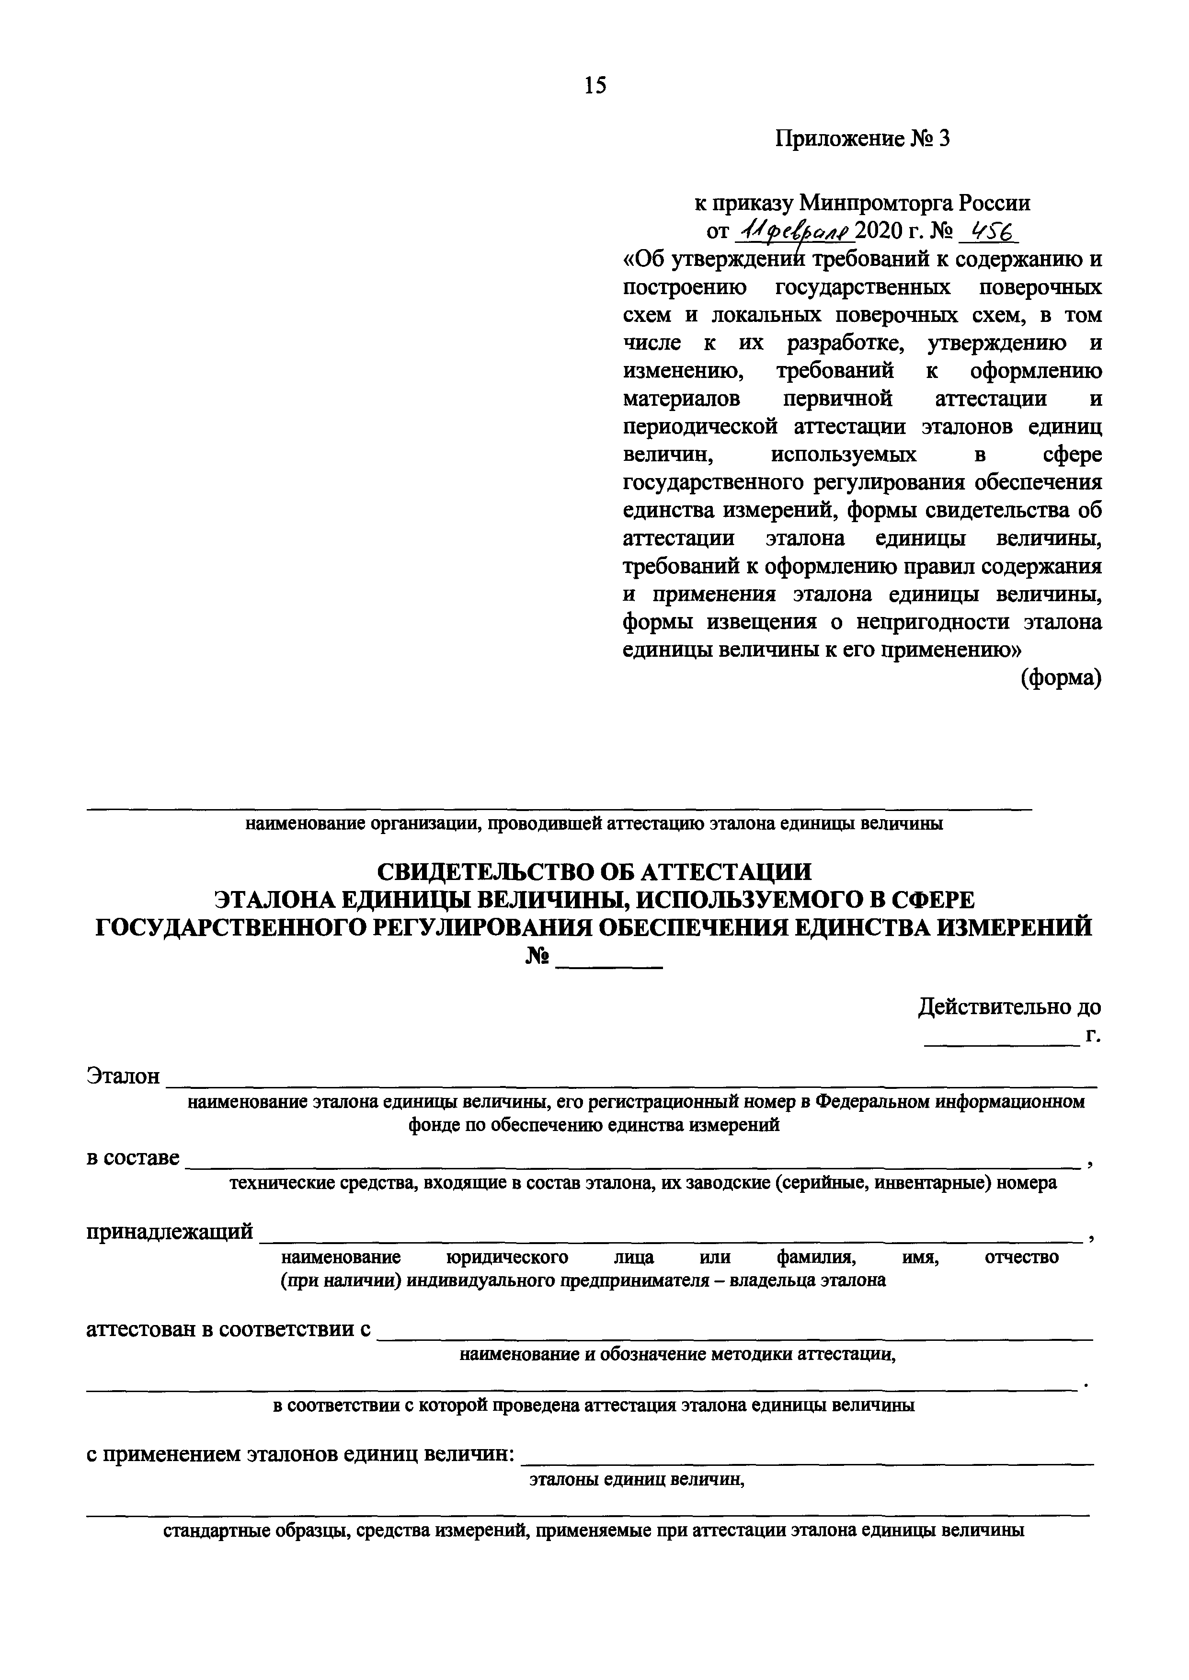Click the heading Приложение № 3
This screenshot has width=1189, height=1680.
[x=862, y=138]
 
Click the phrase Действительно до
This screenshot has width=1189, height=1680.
[x=1009, y=1007]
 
